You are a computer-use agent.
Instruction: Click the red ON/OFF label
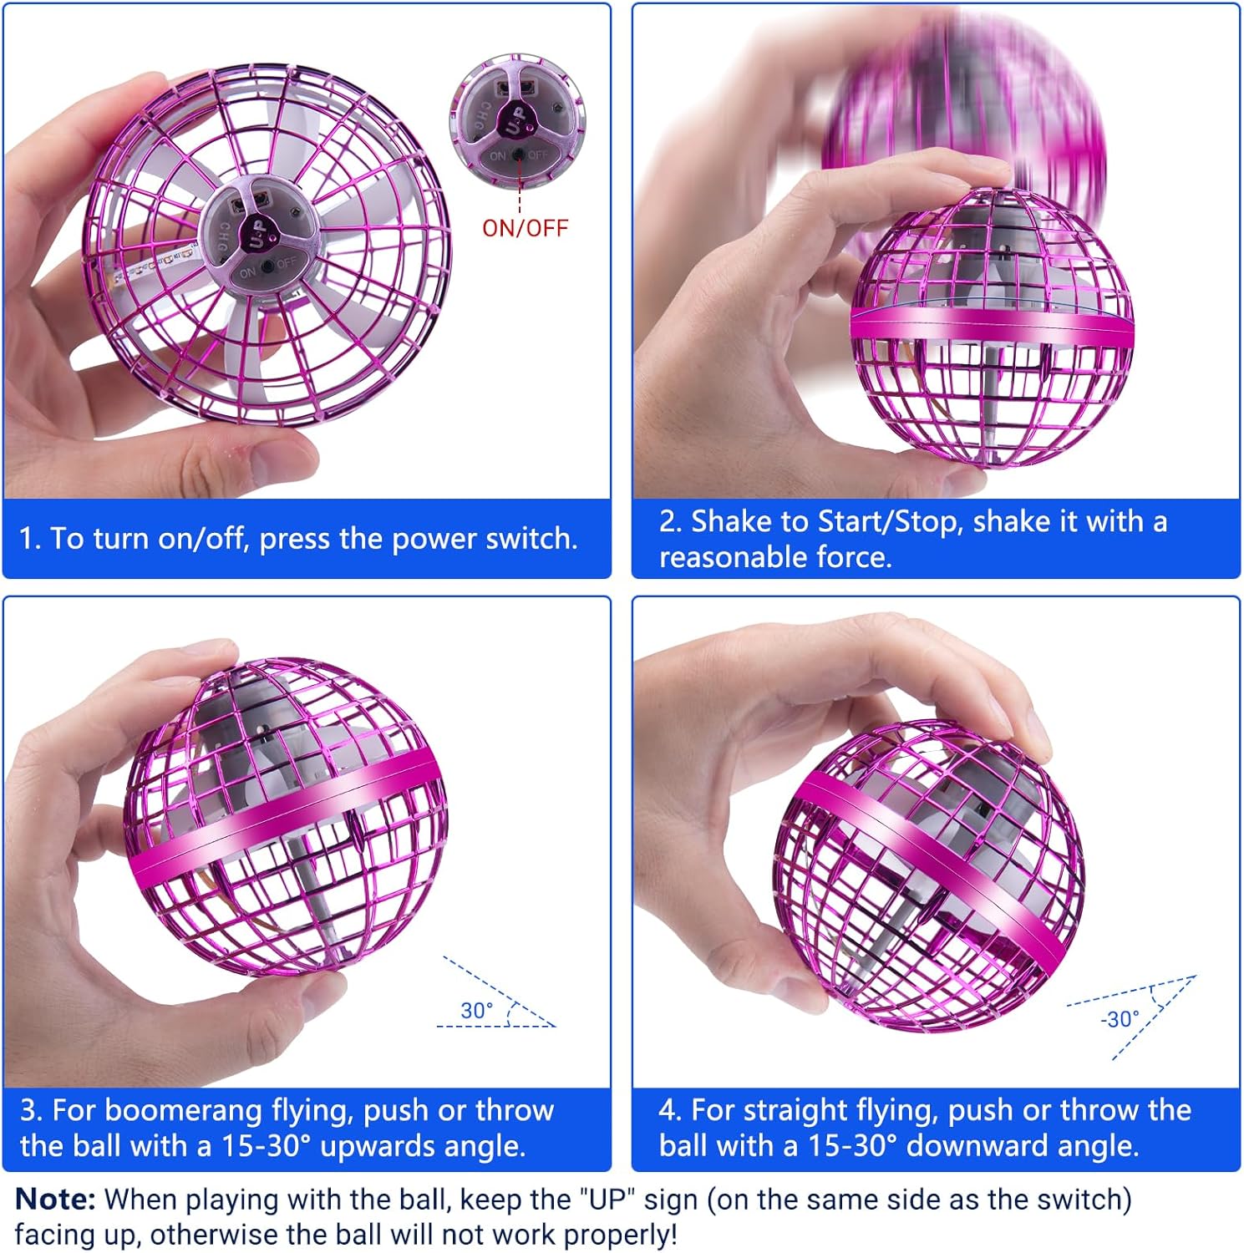525,227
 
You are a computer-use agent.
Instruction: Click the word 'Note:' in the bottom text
55,1200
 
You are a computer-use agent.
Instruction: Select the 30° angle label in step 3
476,1010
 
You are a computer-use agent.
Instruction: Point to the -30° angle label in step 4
1120,1019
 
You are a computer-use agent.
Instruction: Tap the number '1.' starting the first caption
30,539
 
